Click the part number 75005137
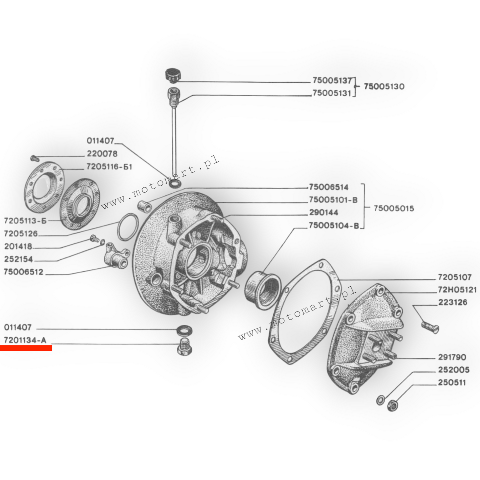pyautogui.click(x=332, y=80)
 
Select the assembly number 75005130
pyautogui.click(x=384, y=86)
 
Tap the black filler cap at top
pyautogui.click(x=172, y=75)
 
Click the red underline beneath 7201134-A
pyautogui.click(x=26, y=348)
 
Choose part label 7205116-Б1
pyautogui.click(x=109, y=166)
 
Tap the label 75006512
pyautogui.click(x=24, y=272)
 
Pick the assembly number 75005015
pyautogui.click(x=394, y=208)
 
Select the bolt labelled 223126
pyautogui.click(x=430, y=328)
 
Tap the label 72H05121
pyautogui.click(x=457, y=289)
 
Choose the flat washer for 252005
pyautogui.click(x=380, y=400)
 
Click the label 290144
pyautogui.click(x=324, y=213)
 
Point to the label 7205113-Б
pyautogui.click(x=25, y=221)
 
